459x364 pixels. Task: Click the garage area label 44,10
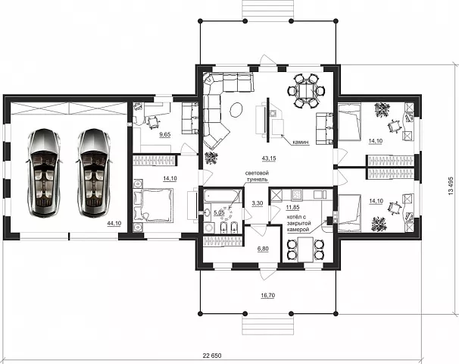(x=114, y=223)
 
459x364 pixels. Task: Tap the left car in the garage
(x=44, y=173)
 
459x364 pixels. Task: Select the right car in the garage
(x=93, y=173)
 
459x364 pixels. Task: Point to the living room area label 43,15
(x=269, y=158)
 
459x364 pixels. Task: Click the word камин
(x=301, y=143)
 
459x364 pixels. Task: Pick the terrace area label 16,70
(x=267, y=296)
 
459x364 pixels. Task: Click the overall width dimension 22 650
(x=212, y=356)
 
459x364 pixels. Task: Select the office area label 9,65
(x=165, y=135)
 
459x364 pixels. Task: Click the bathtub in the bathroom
(x=223, y=196)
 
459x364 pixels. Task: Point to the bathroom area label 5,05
(x=219, y=213)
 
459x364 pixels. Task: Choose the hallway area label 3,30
(x=257, y=203)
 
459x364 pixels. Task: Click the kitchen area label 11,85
(x=292, y=208)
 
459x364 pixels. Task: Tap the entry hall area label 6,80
(x=263, y=249)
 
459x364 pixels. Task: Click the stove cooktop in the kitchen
(x=297, y=194)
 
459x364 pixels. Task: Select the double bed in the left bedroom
(x=154, y=205)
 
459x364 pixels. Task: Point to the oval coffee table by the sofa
(x=236, y=110)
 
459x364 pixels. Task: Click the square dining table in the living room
(x=305, y=91)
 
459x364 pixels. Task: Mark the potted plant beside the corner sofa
(x=211, y=158)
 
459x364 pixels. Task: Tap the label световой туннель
(x=257, y=176)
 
